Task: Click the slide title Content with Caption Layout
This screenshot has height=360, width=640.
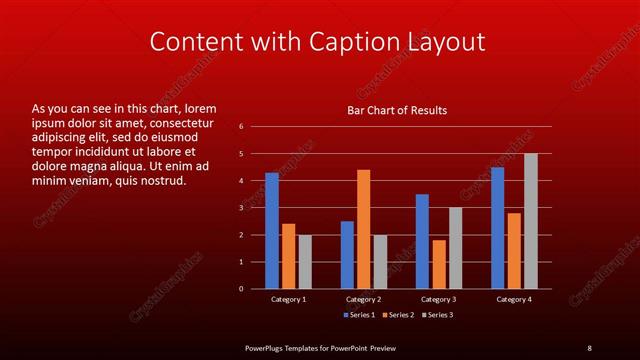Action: tap(317, 42)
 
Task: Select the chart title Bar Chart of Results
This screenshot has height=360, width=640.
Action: tap(397, 110)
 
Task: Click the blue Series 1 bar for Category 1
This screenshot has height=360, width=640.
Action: tap(272, 230)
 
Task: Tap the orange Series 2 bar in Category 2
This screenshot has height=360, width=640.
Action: tap(363, 229)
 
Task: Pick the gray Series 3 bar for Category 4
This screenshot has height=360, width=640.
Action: tap(530, 221)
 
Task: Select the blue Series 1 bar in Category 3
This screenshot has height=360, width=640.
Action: tap(422, 241)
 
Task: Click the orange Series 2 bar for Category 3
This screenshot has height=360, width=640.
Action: tap(439, 264)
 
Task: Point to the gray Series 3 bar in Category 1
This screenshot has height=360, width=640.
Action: tap(305, 261)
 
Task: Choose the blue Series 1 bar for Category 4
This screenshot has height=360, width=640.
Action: tap(497, 228)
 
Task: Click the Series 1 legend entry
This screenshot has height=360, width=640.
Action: tap(360, 316)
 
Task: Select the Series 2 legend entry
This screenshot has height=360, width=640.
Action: tap(397, 316)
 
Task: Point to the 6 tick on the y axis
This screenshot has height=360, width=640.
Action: tap(242, 127)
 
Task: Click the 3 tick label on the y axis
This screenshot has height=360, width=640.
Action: tap(242, 208)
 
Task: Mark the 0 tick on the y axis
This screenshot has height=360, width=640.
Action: tap(242, 289)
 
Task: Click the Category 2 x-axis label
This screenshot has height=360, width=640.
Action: tap(363, 299)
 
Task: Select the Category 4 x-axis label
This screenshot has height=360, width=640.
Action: tap(513, 299)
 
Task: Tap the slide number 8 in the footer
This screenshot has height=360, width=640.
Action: tap(589, 347)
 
